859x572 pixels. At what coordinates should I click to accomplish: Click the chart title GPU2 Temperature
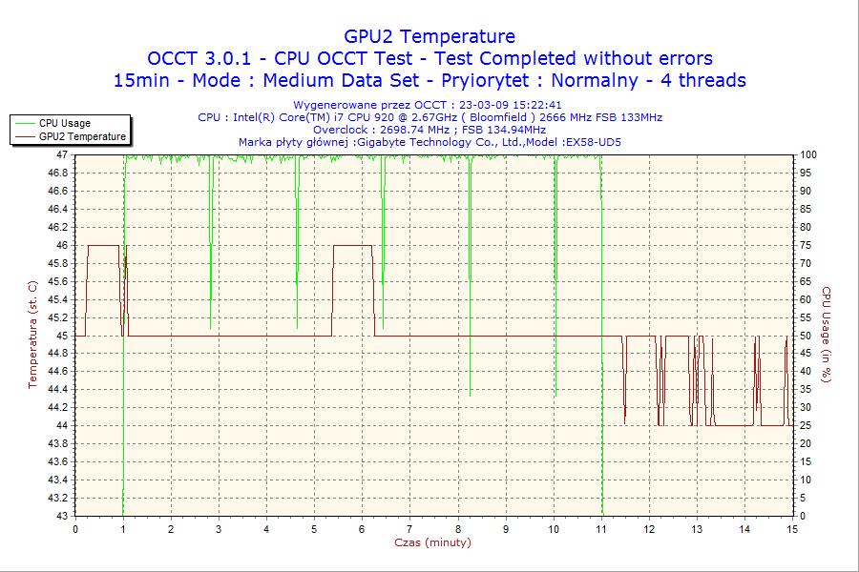click(x=429, y=36)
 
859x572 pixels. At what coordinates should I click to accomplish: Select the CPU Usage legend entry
click(x=65, y=123)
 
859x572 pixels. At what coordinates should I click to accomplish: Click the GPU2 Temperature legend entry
click(x=82, y=136)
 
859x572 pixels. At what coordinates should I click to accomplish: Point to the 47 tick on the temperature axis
click(x=62, y=154)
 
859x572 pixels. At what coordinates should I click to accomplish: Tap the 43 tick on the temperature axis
click(x=62, y=516)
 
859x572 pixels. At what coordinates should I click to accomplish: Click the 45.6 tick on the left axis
click(x=56, y=281)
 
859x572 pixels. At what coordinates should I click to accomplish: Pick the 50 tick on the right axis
click(x=807, y=336)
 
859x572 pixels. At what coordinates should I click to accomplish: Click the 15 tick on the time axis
click(x=792, y=529)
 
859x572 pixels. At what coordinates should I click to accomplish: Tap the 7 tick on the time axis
click(x=409, y=529)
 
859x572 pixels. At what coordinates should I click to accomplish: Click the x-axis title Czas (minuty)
click(x=432, y=542)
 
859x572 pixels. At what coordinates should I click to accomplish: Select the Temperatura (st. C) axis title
click(x=32, y=335)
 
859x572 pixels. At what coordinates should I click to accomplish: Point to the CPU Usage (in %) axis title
click(x=827, y=335)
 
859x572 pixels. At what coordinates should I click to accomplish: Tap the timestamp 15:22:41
click(x=536, y=105)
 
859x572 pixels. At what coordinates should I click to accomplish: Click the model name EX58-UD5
click(x=593, y=142)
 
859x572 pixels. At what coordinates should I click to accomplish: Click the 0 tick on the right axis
click(x=804, y=516)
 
